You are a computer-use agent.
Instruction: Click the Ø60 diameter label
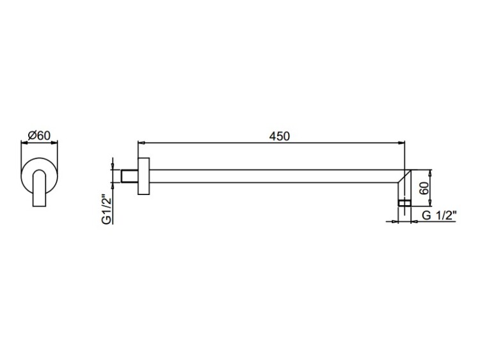[x=39, y=135]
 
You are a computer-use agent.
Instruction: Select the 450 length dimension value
[x=279, y=136]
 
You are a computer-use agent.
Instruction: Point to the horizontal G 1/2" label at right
[x=439, y=215]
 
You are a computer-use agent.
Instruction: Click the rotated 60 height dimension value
[x=424, y=189]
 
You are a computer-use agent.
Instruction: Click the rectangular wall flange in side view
[x=143, y=176]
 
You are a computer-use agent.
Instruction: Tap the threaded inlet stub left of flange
[x=129, y=176]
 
